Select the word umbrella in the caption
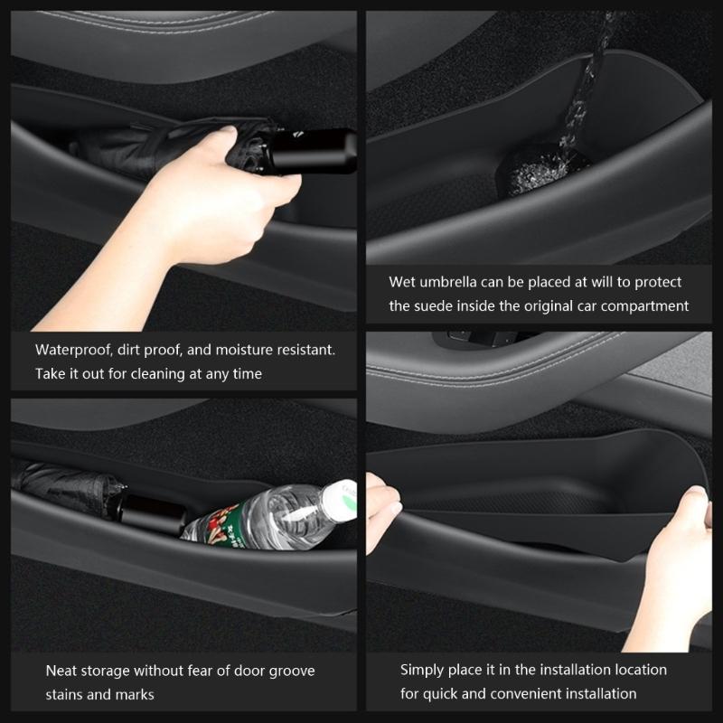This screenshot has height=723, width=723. click(x=446, y=282)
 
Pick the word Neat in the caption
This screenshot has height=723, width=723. click(x=61, y=671)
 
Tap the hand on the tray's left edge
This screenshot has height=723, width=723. click(x=382, y=511)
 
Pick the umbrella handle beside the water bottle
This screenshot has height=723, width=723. click(x=152, y=515)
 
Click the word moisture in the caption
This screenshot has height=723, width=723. click(x=244, y=350)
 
